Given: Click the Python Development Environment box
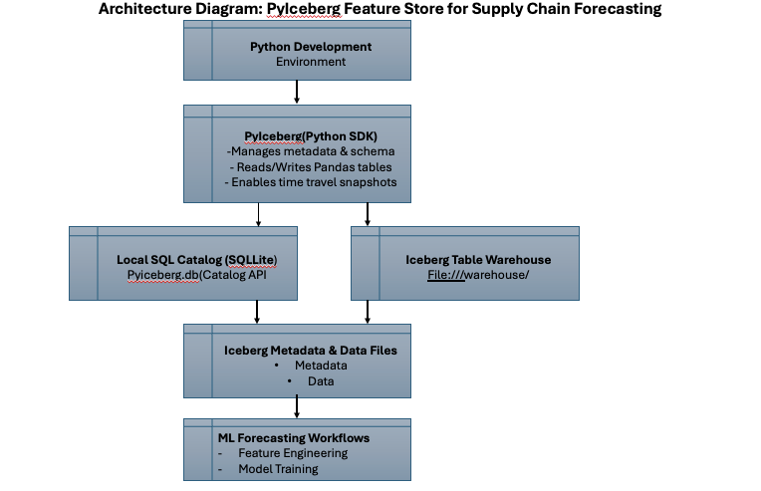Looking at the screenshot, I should click(x=297, y=54).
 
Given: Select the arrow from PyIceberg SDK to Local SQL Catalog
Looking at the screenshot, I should click(x=258, y=213).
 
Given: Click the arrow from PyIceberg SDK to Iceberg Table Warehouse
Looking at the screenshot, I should click(x=368, y=213).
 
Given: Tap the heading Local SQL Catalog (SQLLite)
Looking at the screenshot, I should click(x=196, y=259).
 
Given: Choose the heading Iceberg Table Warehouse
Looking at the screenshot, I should click(x=478, y=259).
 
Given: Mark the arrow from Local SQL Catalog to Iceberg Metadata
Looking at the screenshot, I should click(x=258, y=311).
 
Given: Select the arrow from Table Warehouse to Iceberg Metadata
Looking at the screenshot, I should click(x=368, y=311).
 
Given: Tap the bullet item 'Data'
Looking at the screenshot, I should click(x=320, y=381).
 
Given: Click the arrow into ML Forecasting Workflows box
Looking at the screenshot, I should click(x=297, y=405).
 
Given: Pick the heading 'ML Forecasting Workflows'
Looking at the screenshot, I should click(x=294, y=438).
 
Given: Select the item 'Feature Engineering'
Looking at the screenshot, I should click(x=293, y=453).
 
